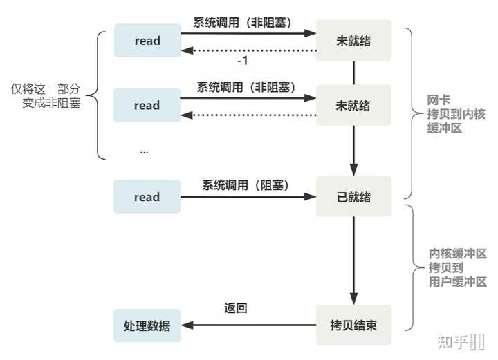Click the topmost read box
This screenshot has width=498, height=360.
click(x=148, y=41)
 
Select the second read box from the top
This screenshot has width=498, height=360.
click(x=147, y=105)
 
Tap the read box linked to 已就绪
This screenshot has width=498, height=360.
click(x=147, y=197)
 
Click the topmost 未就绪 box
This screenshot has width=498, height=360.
click(x=354, y=40)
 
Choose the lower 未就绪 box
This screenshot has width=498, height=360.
click(x=353, y=105)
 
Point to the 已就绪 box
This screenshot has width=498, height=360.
click(x=354, y=197)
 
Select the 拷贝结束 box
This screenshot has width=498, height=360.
click(x=354, y=325)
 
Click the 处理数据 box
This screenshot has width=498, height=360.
click(x=147, y=325)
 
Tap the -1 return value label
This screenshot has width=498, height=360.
click(x=243, y=60)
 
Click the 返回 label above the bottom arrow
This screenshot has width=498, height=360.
click(x=235, y=308)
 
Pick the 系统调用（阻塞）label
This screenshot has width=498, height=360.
click(x=246, y=185)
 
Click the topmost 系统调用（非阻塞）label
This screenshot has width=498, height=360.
click(x=242, y=23)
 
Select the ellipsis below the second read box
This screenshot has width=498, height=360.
click(x=144, y=152)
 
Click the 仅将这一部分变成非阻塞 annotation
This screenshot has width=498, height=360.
click(x=46, y=96)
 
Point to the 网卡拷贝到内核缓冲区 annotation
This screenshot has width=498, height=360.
click(x=456, y=114)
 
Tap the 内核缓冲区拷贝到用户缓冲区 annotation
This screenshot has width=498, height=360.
click(x=458, y=267)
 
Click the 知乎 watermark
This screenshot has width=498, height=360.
click(x=461, y=342)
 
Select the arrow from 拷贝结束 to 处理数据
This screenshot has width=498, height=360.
click(x=249, y=325)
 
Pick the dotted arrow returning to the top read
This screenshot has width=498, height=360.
click(x=249, y=50)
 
